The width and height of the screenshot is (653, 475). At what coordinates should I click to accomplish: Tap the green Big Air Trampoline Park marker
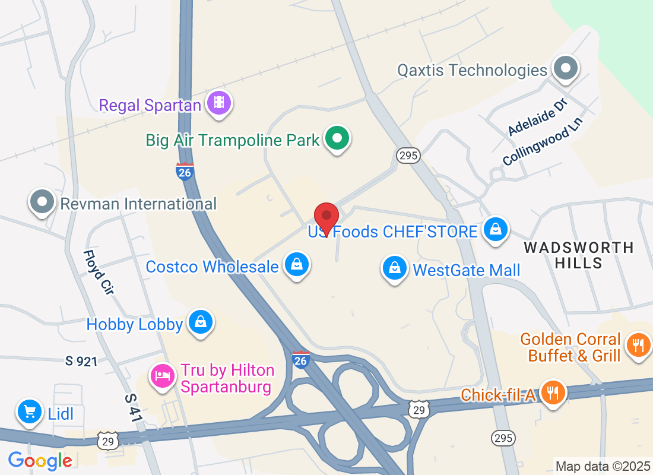[x=338, y=139]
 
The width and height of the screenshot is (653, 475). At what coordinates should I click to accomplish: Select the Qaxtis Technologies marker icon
[x=565, y=69]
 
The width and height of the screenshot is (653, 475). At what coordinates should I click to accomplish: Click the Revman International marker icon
[x=42, y=202]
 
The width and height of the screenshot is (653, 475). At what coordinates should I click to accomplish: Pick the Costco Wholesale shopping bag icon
[x=296, y=264]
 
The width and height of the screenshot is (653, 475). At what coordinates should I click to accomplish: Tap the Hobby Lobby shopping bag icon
[x=201, y=322]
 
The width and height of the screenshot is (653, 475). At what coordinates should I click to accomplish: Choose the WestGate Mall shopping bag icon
[x=394, y=268]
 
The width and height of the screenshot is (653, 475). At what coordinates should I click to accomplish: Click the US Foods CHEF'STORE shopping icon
[x=494, y=230]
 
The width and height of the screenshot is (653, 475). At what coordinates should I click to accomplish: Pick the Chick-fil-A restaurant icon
[x=553, y=392]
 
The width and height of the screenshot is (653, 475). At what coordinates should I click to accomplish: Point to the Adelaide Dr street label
[x=538, y=117]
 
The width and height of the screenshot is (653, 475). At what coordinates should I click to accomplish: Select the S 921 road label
[x=81, y=361]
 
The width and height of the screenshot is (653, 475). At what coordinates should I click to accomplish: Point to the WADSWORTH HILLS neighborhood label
[x=579, y=255]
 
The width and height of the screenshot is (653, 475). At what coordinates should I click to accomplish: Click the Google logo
[x=40, y=460]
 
